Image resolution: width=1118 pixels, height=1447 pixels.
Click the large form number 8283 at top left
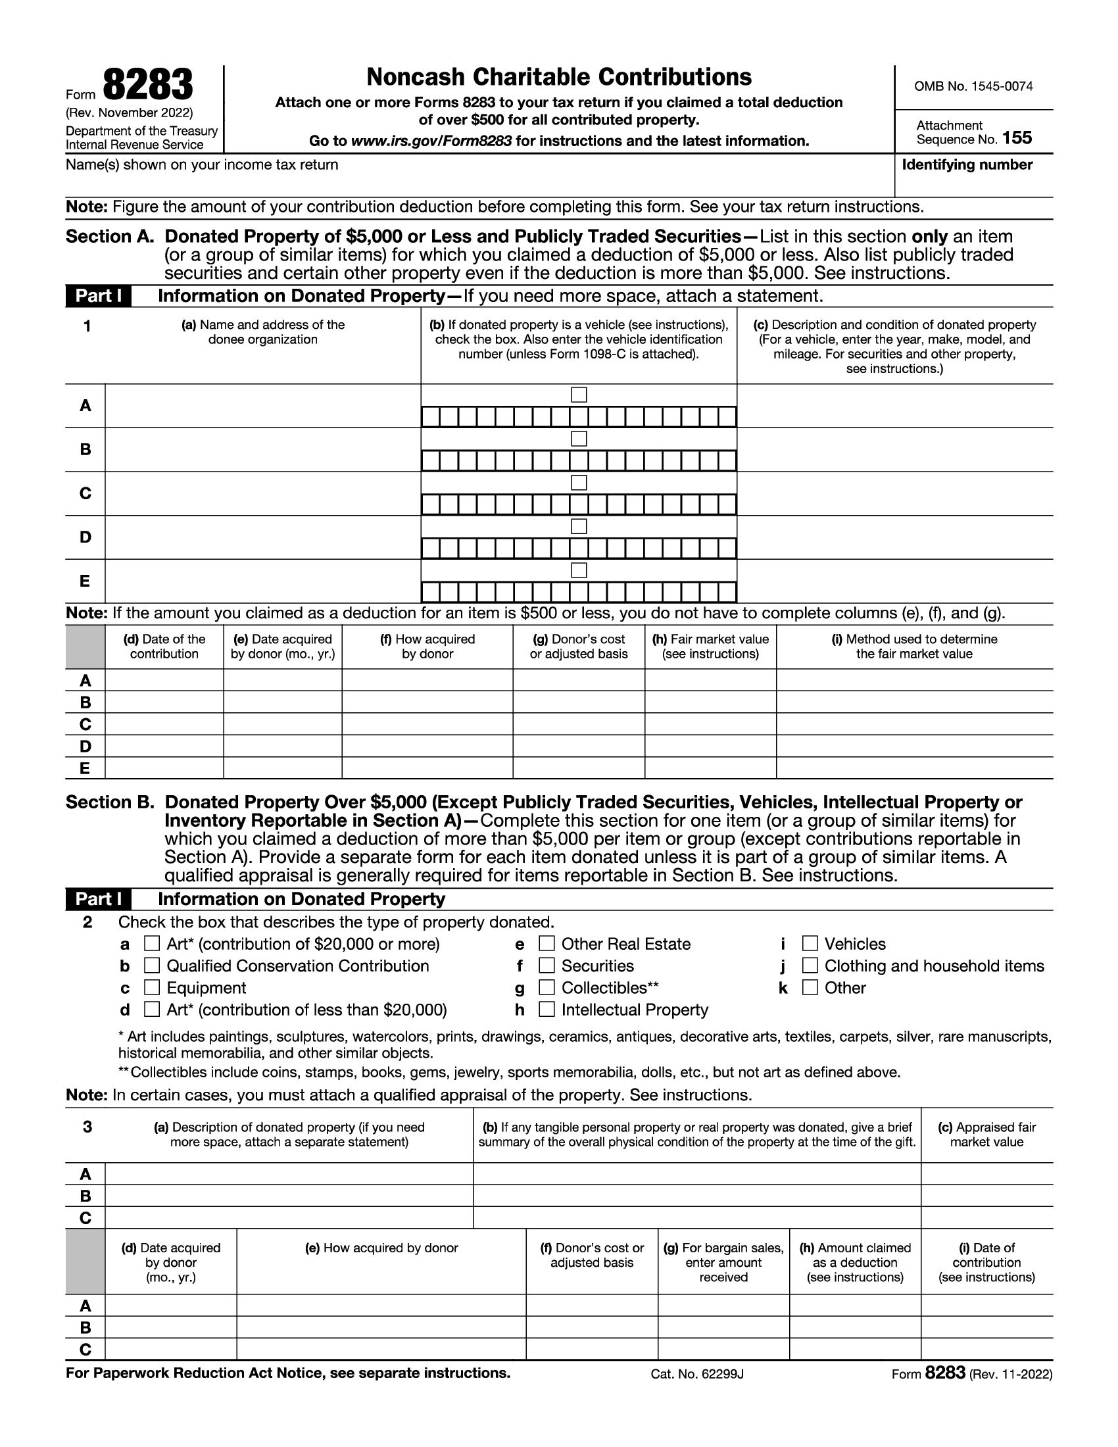[x=148, y=86]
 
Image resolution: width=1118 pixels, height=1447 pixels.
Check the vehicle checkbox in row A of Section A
[x=579, y=395]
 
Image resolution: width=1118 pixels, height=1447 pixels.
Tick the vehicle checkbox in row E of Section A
[x=579, y=570]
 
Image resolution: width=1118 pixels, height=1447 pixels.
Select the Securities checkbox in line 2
[x=547, y=966]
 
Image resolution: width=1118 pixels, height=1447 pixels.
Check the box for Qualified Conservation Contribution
[x=152, y=966]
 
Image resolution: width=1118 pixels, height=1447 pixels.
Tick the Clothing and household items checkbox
[x=810, y=966]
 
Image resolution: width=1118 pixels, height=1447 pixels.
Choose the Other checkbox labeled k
[x=810, y=987]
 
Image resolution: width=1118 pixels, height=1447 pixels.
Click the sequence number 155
[x=1017, y=138]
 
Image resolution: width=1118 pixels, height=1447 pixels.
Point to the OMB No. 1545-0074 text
[x=973, y=86]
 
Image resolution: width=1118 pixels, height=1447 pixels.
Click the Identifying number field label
[x=966, y=164]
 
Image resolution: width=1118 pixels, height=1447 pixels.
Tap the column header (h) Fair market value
[x=710, y=646]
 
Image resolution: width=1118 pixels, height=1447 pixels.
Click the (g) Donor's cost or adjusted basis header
[x=578, y=646]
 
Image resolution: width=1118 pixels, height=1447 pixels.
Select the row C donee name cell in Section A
[x=262, y=493]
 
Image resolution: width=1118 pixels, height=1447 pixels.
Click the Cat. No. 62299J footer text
[x=696, y=1373]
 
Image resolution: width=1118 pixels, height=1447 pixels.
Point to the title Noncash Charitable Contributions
[x=559, y=78]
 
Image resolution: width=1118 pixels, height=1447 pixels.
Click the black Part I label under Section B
[x=98, y=899]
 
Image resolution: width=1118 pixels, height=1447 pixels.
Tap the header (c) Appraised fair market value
[x=986, y=1135]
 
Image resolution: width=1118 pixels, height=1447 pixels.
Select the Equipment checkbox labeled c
[x=152, y=987]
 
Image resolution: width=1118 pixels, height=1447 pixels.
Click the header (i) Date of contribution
[x=986, y=1262]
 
